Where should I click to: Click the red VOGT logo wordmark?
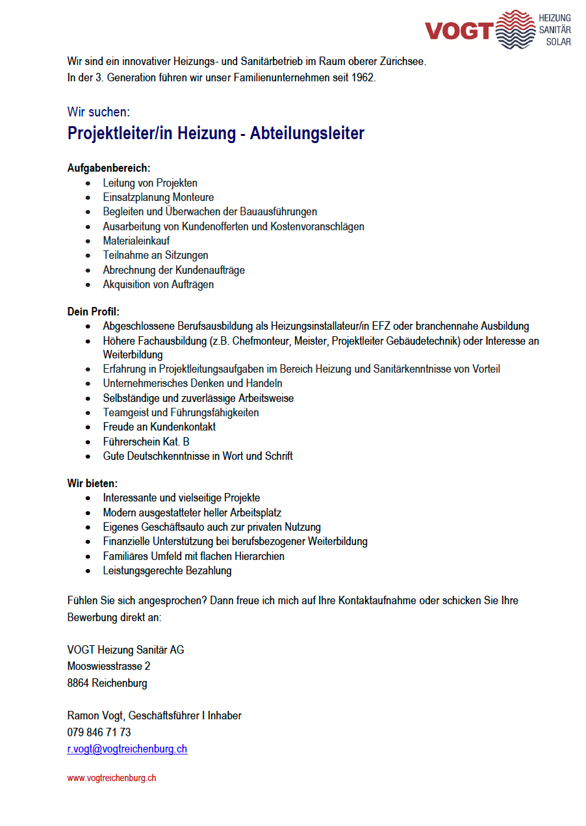pyautogui.click(x=459, y=31)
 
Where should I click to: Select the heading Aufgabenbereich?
pyautogui.click(x=108, y=168)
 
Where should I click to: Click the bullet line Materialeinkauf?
pyautogui.click(x=136, y=241)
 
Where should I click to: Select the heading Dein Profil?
pyautogui.click(x=94, y=312)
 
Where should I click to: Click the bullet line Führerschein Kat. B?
pyautogui.click(x=146, y=442)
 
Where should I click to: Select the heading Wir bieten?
pyautogui.click(x=93, y=483)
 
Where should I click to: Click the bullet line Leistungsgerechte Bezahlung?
pyautogui.click(x=167, y=570)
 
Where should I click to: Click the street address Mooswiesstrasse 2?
pyautogui.click(x=109, y=666)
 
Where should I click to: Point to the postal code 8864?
pyautogui.click(x=78, y=683)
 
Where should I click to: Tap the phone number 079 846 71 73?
pyautogui.click(x=99, y=732)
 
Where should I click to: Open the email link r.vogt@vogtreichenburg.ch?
pyautogui.click(x=127, y=749)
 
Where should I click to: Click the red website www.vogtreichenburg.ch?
pyautogui.click(x=112, y=778)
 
